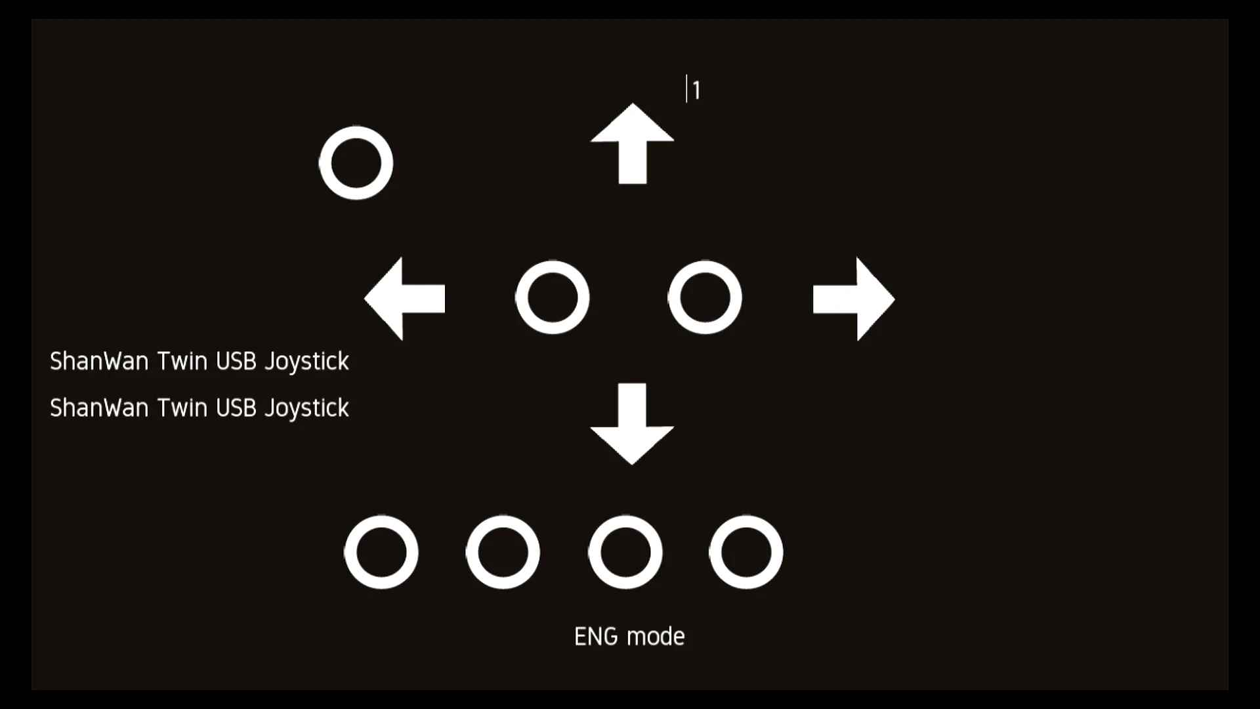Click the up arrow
coord(632,144)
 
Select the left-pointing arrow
coord(405,299)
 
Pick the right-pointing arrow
coord(853,299)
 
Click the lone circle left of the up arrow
coord(356,163)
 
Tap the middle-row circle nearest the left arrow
coord(553,297)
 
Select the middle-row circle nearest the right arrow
coord(705,297)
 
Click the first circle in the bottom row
coord(381,552)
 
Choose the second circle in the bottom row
coord(503,552)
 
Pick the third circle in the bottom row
coord(625,552)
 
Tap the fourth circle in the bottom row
coord(746,552)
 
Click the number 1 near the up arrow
coord(696,91)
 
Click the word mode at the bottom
coord(656,636)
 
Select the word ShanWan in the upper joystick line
coord(99,361)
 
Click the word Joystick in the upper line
coord(306,362)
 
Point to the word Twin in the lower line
coord(182,408)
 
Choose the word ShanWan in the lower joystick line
coord(99,408)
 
